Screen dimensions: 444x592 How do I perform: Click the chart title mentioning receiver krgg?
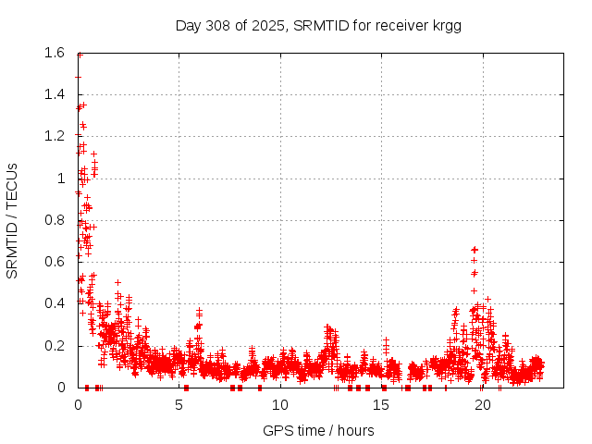[x=318, y=25]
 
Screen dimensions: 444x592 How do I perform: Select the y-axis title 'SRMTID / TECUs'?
[x=12, y=220]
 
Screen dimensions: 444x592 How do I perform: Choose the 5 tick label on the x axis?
[x=179, y=404]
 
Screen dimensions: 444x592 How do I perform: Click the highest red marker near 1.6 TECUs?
[x=80, y=55]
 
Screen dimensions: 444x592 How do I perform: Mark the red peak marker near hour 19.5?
[x=475, y=250]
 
